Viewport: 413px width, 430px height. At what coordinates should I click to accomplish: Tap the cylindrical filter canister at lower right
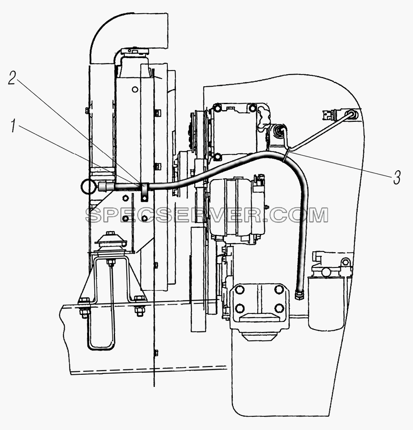click(x=324, y=302)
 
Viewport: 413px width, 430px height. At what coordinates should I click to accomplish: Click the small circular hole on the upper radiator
click(x=134, y=90)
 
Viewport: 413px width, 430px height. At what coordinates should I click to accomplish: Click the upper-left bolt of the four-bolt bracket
click(x=240, y=290)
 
